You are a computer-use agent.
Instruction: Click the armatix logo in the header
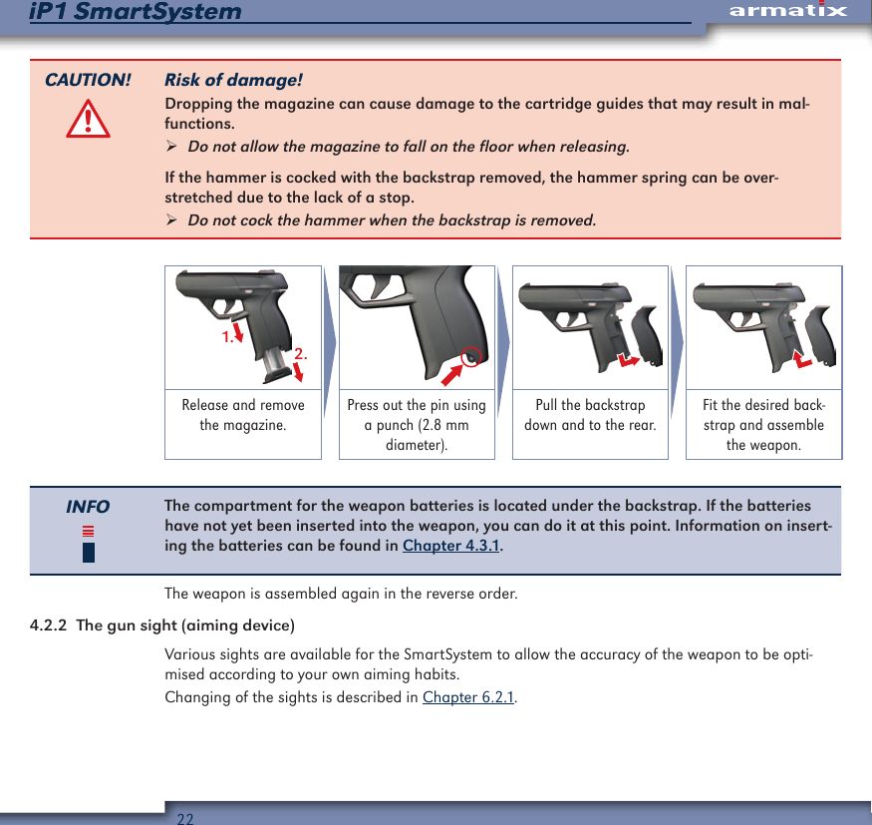point(787,11)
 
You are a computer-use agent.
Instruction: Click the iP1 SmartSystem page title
point(136,12)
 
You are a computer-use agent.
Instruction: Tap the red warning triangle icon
point(88,121)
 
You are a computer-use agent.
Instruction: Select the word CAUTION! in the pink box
point(88,80)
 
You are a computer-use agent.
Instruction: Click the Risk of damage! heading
point(233,80)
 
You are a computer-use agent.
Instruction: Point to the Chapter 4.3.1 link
point(451,546)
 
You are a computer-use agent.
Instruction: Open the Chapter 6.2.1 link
point(468,696)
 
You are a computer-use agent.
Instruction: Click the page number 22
point(185,818)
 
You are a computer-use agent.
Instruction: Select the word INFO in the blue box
point(88,507)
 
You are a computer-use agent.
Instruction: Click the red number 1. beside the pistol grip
point(228,337)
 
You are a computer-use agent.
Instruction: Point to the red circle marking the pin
point(472,356)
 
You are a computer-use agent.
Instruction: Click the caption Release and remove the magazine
point(243,415)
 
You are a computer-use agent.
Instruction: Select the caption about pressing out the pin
point(417,425)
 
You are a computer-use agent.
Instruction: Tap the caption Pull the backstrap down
point(590,415)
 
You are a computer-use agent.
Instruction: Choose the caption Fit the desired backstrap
point(763,425)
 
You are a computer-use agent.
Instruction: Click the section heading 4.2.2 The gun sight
point(162,625)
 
